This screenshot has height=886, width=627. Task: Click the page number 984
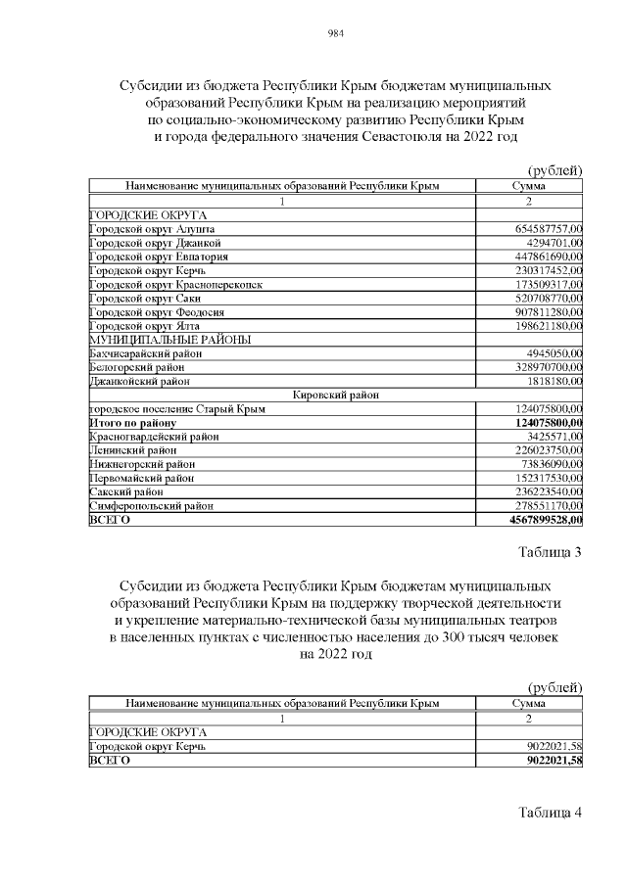[x=335, y=33]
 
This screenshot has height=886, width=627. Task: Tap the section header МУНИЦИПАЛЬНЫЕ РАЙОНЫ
[x=169, y=339]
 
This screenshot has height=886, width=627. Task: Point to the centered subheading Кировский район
[x=336, y=395]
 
